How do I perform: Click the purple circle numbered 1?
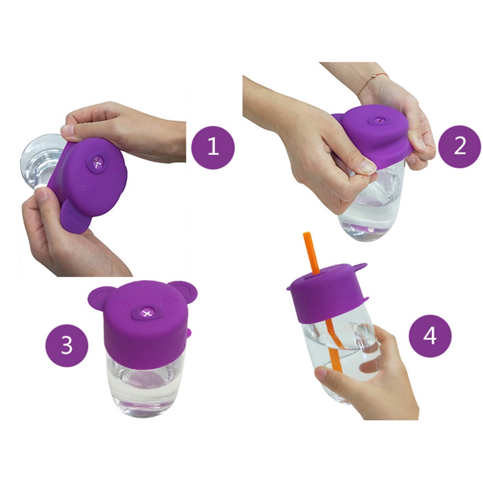pos(213,147)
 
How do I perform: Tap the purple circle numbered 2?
pos(459,146)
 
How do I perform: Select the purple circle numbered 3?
pos(67,345)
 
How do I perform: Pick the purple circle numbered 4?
pos(430,336)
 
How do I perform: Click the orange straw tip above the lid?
pos(306,235)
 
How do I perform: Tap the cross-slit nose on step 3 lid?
pos(147,313)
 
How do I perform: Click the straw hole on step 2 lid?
pos(380,120)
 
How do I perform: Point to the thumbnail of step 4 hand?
pos(321,374)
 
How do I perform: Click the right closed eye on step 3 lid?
pos(169,299)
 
